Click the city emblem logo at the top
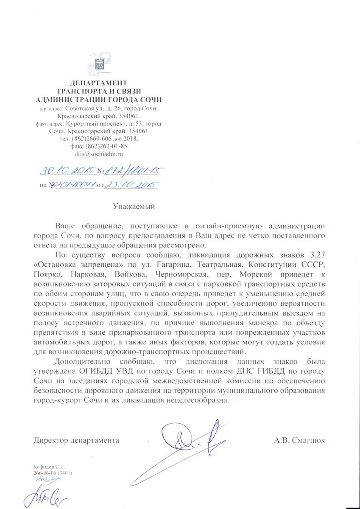99,63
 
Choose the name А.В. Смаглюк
299,440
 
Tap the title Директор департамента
76,440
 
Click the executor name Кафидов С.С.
50,466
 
